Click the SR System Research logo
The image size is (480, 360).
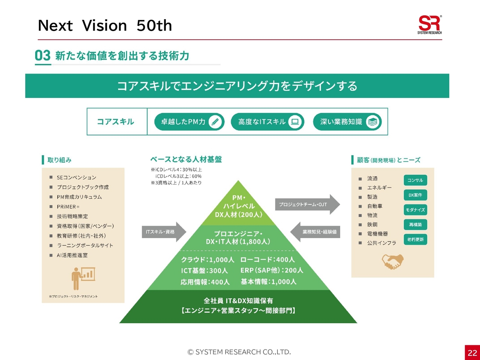coord(429,25)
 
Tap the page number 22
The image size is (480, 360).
coord(472,352)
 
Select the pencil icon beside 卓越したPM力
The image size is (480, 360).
coord(215,122)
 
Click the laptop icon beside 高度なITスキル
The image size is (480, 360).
coord(295,122)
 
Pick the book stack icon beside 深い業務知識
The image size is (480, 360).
coord(372,122)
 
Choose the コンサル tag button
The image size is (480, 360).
coord(415,180)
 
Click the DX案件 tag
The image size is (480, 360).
coord(415,195)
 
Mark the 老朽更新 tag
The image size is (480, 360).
coord(415,239)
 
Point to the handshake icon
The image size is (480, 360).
coord(393,261)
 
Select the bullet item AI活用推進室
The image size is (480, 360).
coord(72,255)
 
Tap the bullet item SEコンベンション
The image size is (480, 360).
coord(76,177)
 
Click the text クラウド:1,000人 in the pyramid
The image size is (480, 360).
coord(207,259)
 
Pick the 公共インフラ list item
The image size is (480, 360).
coord(381,243)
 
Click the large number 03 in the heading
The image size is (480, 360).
coord(43,56)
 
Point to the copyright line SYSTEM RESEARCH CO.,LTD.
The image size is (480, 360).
coord(239,352)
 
